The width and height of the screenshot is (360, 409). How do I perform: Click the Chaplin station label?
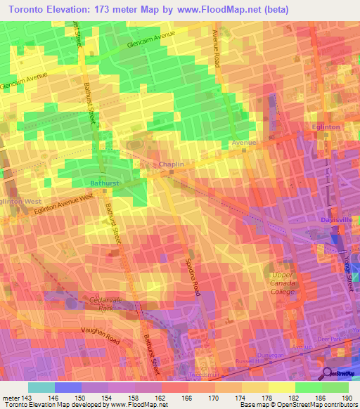[x=172, y=164]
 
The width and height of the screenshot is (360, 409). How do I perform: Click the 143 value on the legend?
[x=26, y=397]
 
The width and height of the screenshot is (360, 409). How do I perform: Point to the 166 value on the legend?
[x=188, y=397]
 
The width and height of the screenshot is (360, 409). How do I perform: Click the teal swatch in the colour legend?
[x=41, y=387]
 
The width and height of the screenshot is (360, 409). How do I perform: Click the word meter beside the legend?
[x=11, y=397]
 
